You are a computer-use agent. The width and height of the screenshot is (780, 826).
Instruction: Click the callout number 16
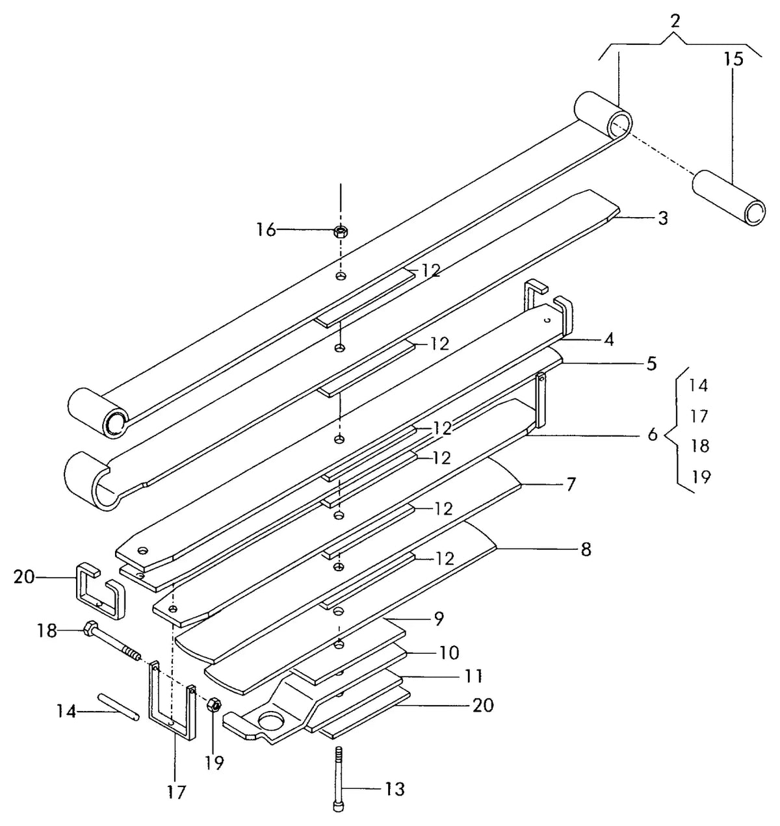point(266,229)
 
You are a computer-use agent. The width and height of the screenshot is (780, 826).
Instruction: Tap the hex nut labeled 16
point(341,231)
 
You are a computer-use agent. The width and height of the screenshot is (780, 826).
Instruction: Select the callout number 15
point(733,59)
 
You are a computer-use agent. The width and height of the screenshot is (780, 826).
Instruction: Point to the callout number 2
point(675,21)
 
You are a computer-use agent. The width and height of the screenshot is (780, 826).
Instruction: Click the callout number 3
point(663,218)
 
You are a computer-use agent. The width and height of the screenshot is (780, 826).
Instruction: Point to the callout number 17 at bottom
point(176,792)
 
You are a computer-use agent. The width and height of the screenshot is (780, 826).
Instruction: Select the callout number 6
point(653,434)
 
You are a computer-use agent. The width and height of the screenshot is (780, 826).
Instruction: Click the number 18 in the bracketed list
point(699,446)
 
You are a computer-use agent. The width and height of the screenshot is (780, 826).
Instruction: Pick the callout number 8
point(585,550)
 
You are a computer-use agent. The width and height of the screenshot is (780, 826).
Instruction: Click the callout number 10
point(449,652)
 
